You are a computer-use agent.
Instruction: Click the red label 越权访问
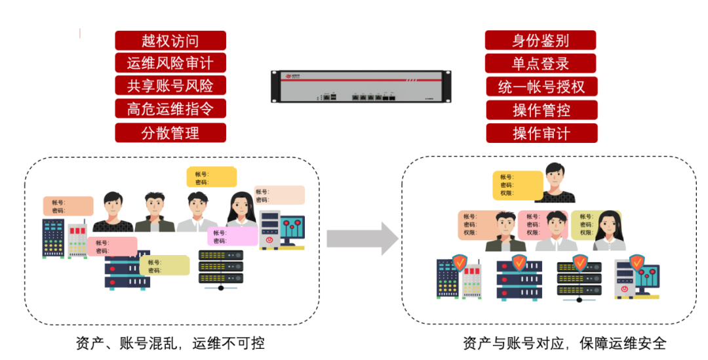170,41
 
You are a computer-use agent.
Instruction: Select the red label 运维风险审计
170,63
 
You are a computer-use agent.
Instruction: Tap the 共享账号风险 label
170,85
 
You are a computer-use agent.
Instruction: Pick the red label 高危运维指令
170,108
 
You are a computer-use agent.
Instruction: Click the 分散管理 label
170,133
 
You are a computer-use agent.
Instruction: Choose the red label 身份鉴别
541,41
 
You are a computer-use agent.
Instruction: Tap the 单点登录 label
541,64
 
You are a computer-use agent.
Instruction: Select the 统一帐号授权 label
541,87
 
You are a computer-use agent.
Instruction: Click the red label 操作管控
541,110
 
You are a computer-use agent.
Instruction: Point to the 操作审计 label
541,133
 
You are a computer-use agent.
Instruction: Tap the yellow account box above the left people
211,178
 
